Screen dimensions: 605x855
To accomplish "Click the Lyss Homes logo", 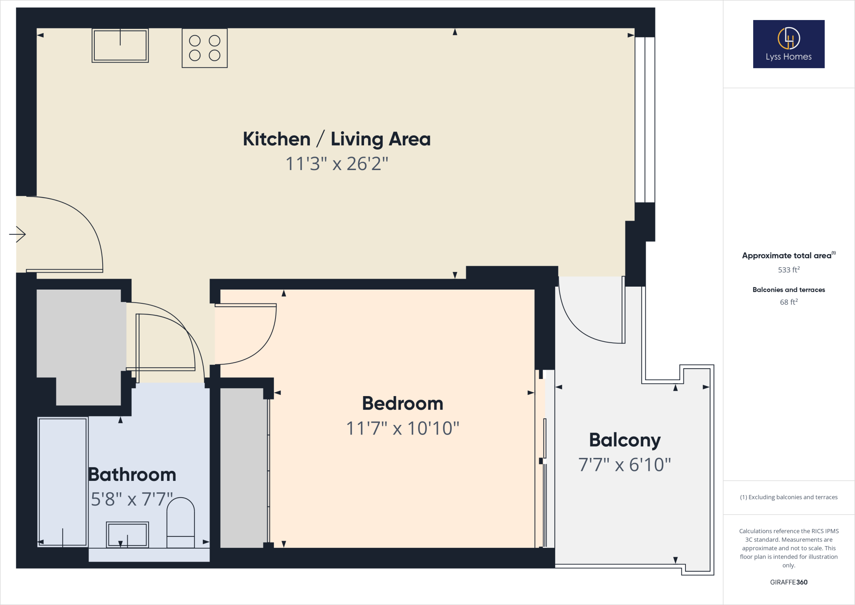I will click(788, 44).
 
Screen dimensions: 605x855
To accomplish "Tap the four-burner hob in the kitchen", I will click(205, 48).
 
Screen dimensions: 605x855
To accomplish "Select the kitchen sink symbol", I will click(120, 46).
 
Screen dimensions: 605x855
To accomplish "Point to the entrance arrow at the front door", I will click(18, 234).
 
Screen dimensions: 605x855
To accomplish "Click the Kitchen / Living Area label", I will click(336, 139).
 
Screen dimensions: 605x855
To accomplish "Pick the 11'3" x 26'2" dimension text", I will click(336, 164).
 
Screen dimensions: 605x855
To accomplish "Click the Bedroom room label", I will click(402, 404).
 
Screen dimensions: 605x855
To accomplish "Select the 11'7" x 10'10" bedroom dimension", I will click(402, 428).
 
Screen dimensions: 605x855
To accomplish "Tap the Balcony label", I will click(625, 440).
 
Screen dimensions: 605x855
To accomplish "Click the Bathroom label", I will click(132, 475).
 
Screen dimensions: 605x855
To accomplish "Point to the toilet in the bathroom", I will click(180, 522).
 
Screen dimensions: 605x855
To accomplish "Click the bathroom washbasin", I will click(127, 534).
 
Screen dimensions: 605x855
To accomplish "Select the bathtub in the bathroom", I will click(63, 481).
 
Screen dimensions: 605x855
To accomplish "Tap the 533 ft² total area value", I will click(788, 270).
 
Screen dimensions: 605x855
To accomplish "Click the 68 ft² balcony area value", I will click(788, 302).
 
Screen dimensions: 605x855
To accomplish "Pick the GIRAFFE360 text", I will click(788, 582).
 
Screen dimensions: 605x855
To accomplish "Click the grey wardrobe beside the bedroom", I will click(243, 468).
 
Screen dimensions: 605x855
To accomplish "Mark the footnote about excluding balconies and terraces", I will click(788, 497).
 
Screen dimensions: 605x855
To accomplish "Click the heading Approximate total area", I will click(787, 256).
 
